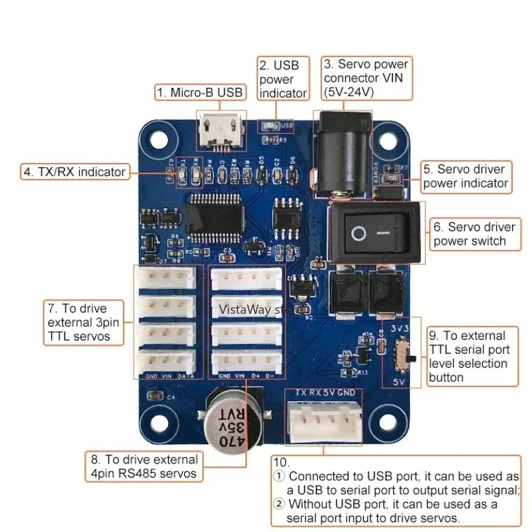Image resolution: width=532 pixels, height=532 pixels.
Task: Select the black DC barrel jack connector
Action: point(343,153)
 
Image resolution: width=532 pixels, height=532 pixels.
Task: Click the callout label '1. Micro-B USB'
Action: point(200,93)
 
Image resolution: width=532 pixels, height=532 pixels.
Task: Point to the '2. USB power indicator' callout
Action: point(283,79)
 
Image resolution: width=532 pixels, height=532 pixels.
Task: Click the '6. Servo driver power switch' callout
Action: point(473,234)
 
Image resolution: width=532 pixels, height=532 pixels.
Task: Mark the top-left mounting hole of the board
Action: point(155,139)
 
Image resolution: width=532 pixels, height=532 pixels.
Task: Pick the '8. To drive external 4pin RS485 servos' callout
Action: point(144,466)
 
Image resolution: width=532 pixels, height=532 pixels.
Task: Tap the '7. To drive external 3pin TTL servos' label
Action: point(86,323)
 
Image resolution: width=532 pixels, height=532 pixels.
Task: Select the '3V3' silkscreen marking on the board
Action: point(400,329)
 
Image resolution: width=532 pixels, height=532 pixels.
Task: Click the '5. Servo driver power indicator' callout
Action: point(465,176)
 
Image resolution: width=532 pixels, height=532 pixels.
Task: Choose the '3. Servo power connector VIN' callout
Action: point(366,78)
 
